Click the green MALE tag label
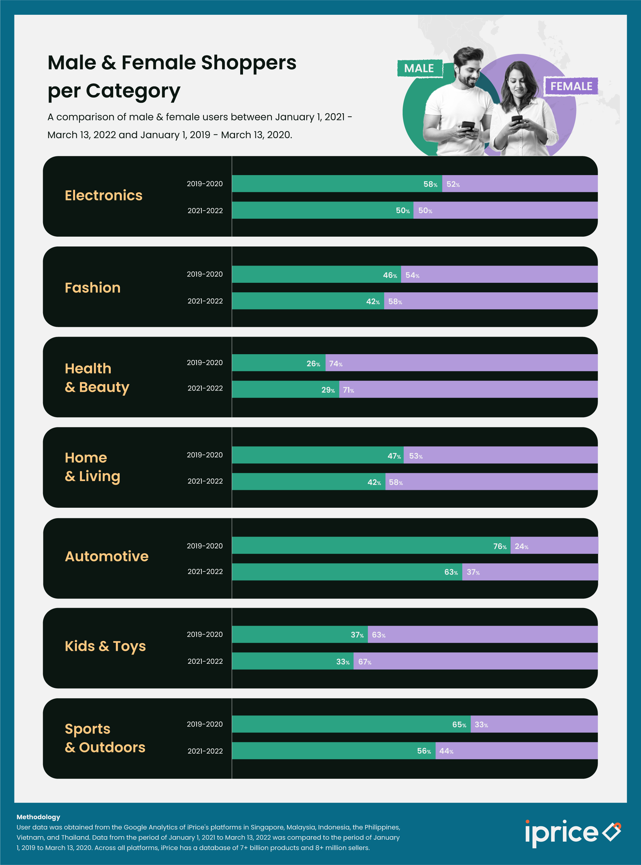tap(419, 68)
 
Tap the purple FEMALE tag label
tap(571, 86)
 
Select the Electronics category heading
tap(104, 195)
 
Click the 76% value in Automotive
tap(500, 546)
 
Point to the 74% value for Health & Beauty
tap(336, 364)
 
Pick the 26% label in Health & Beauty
tap(313, 364)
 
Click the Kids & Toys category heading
tap(105, 646)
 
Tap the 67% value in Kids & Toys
tap(365, 662)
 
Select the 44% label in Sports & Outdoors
tap(446, 751)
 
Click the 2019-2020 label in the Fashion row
tap(205, 274)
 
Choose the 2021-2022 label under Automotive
tap(205, 571)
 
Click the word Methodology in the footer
tap(38, 817)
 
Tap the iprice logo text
tap(561, 833)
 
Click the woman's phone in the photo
tap(517, 118)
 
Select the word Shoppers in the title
tap(248, 63)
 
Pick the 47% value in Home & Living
tap(394, 456)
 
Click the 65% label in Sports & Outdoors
tap(459, 724)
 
